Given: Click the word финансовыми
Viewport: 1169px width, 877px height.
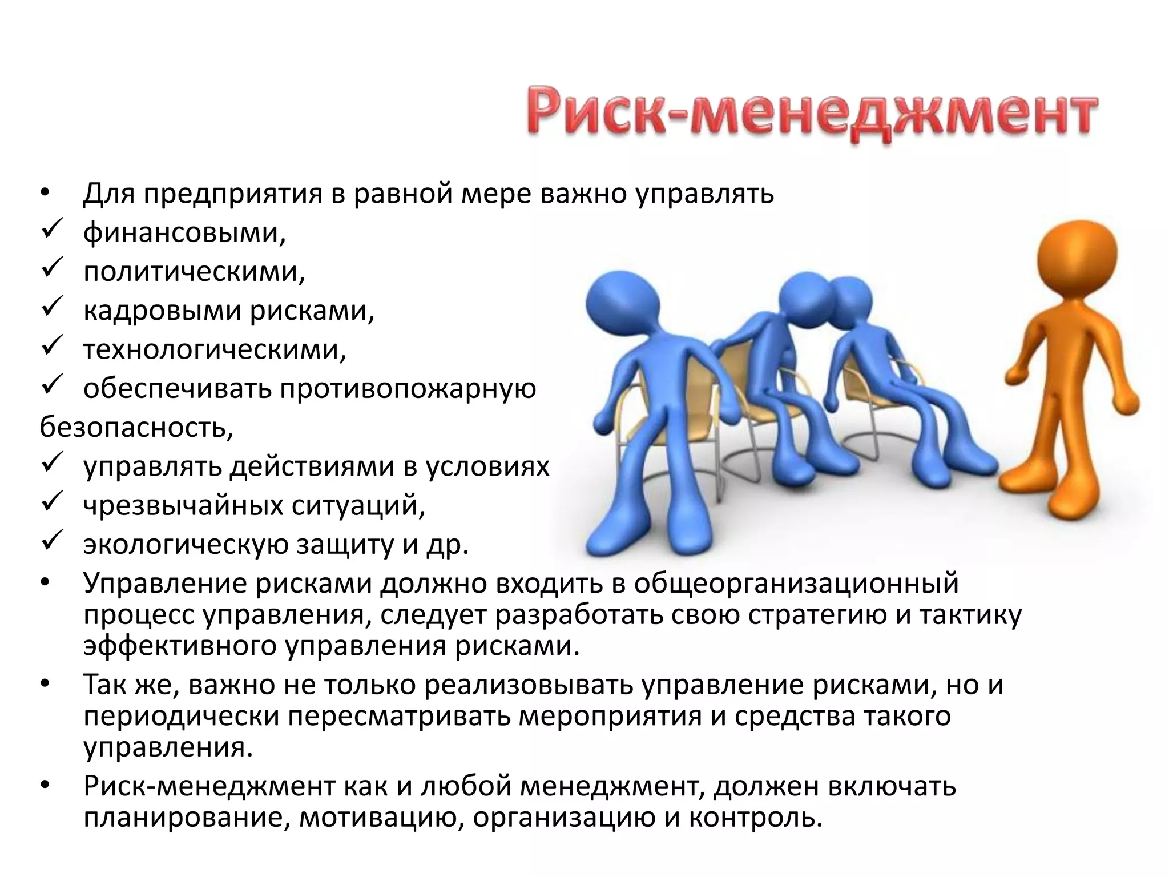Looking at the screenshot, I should pos(184,233).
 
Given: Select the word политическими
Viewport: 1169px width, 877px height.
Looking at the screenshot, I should pos(194,272).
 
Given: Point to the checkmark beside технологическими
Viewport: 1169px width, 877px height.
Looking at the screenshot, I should pos(55,347).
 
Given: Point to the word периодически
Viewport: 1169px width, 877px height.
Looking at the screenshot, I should pos(182,717).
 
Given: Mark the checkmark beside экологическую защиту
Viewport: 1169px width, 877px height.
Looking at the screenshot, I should pos(55,541).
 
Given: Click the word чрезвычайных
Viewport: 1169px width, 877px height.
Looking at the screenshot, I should pos(184,505).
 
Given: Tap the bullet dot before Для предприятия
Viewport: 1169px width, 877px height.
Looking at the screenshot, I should pos(46,195).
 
